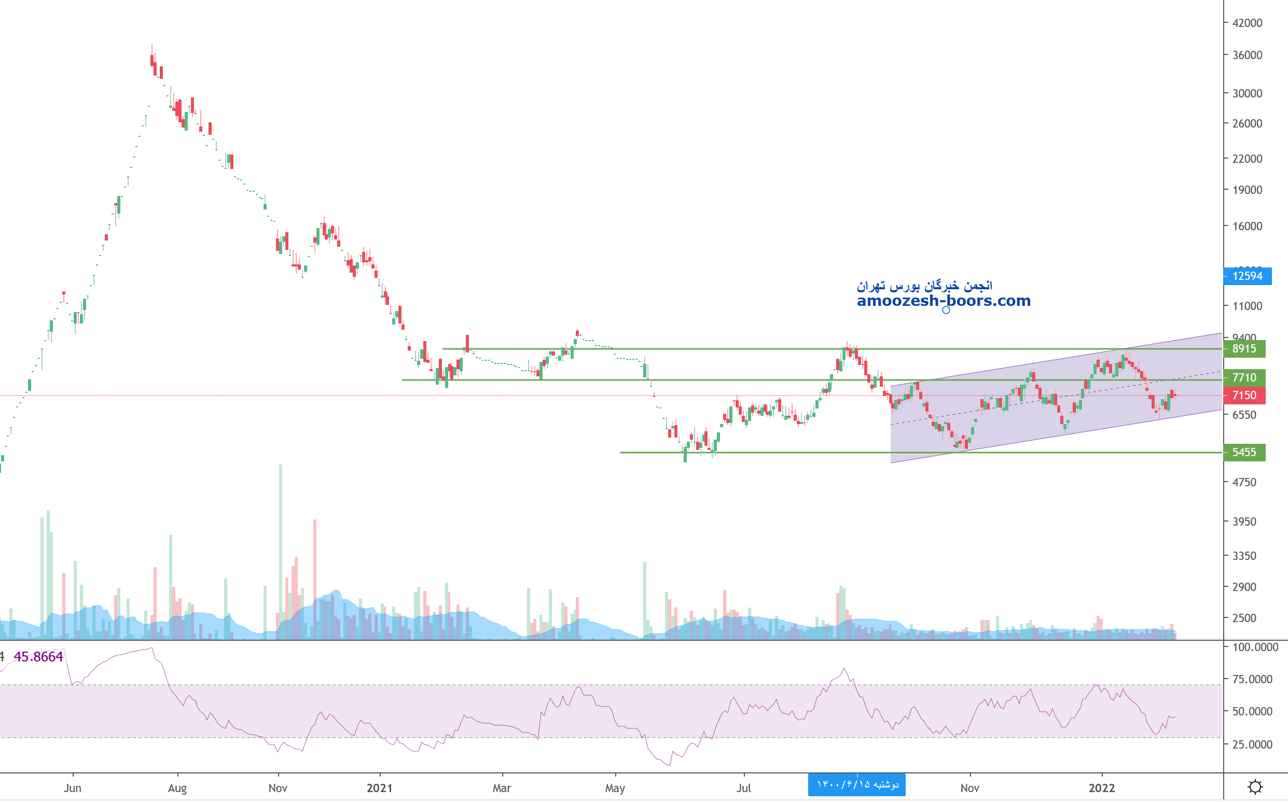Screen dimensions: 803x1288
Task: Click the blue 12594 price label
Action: [1247, 276]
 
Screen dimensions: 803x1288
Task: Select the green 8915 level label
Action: [1244, 349]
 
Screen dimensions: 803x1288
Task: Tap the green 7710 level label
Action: [1244, 377]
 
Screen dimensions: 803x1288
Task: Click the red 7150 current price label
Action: [1244, 396]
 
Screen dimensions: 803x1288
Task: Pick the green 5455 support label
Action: [1244, 453]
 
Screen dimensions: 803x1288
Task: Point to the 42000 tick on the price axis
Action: [1247, 23]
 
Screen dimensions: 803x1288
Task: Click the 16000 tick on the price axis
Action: [1247, 226]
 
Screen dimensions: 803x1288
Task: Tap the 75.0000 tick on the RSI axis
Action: [1252, 679]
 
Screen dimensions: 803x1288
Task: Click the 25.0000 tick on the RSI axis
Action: [1252, 744]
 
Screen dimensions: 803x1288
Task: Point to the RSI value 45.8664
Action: [38, 657]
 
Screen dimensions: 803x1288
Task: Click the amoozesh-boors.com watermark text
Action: [944, 301]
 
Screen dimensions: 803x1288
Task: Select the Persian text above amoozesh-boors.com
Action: [924, 286]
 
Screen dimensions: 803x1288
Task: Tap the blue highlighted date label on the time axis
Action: [856, 785]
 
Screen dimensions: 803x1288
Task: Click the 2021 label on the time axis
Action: [379, 788]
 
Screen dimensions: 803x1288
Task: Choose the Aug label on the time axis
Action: [177, 788]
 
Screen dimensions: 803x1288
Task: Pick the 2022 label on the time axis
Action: [1101, 788]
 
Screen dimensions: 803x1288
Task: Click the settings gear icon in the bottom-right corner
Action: [1255, 787]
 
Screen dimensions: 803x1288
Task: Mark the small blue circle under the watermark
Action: [946, 310]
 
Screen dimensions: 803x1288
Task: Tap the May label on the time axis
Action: [615, 788]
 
